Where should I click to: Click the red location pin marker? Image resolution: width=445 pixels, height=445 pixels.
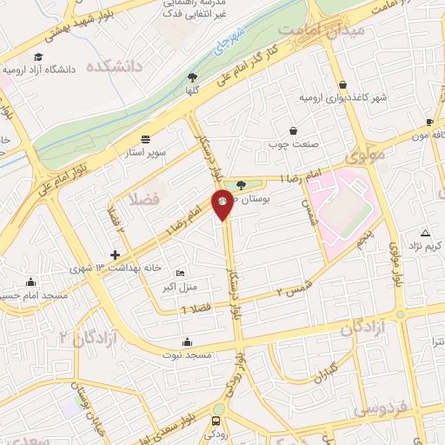pyautogui.click(x=222, y=203)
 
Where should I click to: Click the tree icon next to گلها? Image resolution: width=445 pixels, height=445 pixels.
pyautogui.click(x=191, y=77)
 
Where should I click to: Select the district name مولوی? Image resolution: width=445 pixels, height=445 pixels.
pyautogui.click(x=364, y=157)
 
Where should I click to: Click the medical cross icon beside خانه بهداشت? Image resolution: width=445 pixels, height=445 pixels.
pyautogui.click(x=116, y=256)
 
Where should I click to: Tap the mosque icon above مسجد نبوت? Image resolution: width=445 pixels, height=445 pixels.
pyautogui.click(x=186, y=341)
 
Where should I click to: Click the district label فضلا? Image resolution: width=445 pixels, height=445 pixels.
pyautogui.click(x=143, y=200)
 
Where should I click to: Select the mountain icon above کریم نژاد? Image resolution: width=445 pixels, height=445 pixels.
pyautogui.click(x=425, y=233)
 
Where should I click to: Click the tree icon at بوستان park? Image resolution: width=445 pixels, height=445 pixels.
pyautogui.click(x=241, y=184)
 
